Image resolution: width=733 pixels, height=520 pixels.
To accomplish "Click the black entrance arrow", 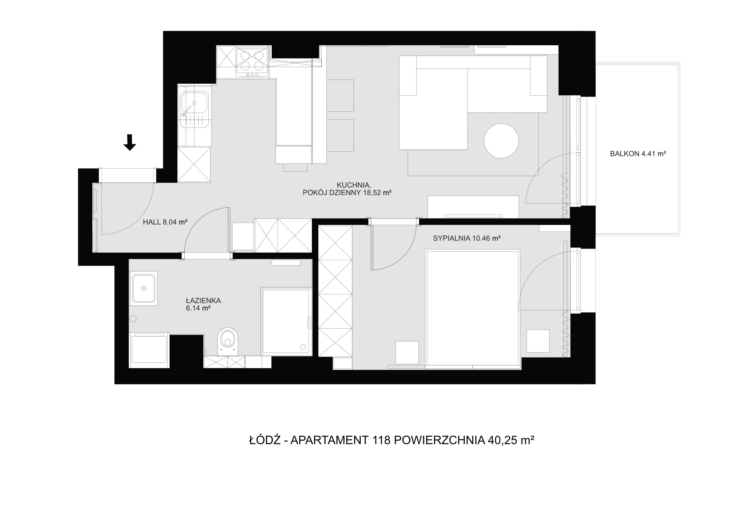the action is [x=130, y=142].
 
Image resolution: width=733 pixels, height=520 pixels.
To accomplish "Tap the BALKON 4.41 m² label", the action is [x=638, y=154].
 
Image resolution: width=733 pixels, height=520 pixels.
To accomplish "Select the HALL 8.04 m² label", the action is [x=165, y=222].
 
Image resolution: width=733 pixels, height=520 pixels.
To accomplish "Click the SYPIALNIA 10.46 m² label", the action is [x=466, y=238].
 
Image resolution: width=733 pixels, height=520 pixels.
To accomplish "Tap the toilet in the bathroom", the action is [x=228, y=341].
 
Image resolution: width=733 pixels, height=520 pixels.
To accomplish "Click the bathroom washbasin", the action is [x=144, y=288].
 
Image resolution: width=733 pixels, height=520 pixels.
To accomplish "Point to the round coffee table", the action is [x=501, y=141].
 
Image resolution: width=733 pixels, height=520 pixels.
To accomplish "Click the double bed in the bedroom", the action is [x=473, y=308].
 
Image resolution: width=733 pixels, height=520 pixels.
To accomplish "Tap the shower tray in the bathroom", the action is [x=286, y=321].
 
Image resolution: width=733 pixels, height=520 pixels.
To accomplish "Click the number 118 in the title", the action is [x=381, y=440].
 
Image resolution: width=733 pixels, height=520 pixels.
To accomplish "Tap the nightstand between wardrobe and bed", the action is [x=407, y=353].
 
